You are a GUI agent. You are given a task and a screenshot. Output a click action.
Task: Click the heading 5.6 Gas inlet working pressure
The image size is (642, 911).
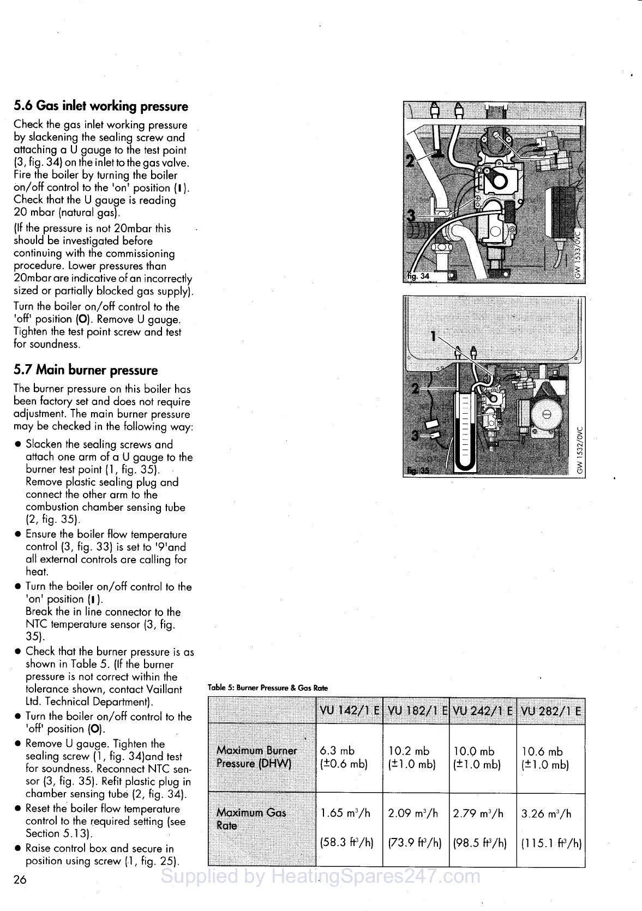(x=101, y=106)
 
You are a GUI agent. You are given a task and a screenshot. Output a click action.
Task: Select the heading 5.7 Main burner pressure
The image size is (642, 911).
(x=86, y=370)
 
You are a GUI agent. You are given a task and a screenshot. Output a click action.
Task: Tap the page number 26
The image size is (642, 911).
(x=20, y=879)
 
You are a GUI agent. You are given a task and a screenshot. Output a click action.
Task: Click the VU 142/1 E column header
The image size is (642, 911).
(x=349, y=711)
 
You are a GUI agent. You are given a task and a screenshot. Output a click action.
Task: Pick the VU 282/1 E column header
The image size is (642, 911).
(x=551, y=711)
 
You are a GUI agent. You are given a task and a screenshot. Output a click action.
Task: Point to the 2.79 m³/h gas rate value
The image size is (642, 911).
(x=478, y=814)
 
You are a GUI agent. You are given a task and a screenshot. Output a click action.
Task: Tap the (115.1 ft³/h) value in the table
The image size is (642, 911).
(x=551, y=843)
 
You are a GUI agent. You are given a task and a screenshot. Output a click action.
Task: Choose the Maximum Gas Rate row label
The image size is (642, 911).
(x=251, y=819)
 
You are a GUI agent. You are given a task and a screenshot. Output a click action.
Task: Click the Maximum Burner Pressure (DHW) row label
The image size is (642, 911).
(x=256, y=757)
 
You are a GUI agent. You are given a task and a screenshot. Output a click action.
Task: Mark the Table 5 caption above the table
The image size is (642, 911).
(x=268, y=688)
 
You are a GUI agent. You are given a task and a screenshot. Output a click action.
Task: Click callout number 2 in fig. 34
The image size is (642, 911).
(x=410, y=161)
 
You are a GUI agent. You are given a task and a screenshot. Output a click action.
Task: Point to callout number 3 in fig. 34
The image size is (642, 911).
(x=411, y=215)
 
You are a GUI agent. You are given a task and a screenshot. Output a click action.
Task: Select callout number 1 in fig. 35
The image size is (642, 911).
(x=434, y=336)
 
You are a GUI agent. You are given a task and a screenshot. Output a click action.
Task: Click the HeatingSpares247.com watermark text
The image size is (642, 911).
(x=321, y=876)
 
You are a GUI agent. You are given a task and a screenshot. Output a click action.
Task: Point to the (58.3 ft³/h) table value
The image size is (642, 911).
(x=347, y=843)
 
